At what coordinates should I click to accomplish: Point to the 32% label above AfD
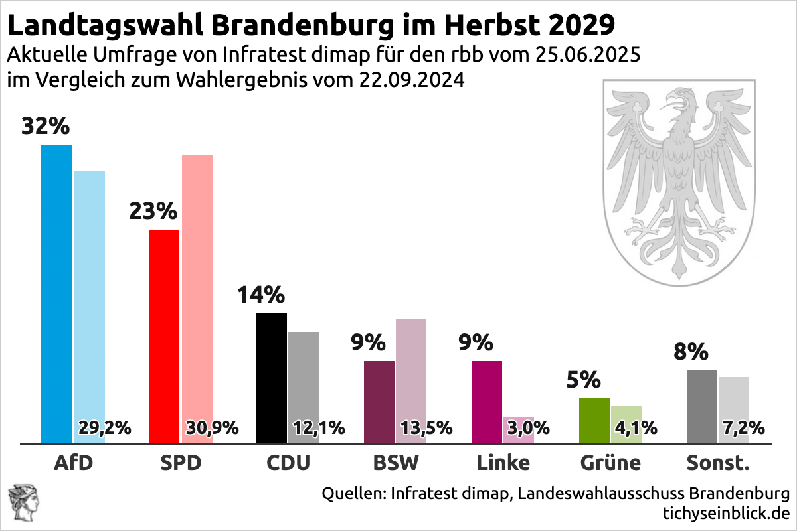click(x=46, y=126)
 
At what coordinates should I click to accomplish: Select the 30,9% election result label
click(x=212, y=428)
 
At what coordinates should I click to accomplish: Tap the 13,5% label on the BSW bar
click(x=426, y=428)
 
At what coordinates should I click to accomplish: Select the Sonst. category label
click(x=717, y=463)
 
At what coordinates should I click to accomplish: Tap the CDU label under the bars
click(x=288, y=463)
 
